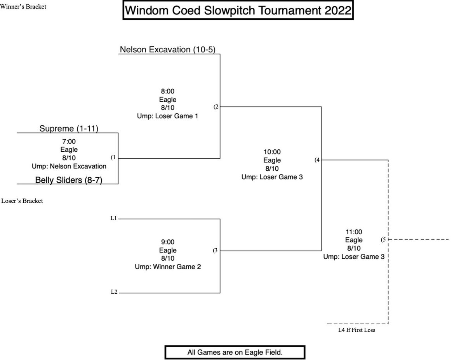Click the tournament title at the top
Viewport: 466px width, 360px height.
(x=238, y=11)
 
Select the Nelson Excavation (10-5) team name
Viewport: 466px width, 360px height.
(x=167, y=49)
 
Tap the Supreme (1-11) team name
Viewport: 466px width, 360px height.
(x=68, y=128)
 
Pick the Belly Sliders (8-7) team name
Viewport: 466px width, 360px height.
(x=68, y=180)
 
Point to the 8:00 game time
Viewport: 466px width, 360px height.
(x=167, y=92)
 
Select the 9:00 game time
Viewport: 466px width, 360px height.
(x=167, y=242)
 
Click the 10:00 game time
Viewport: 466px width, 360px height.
(x=272, y=152)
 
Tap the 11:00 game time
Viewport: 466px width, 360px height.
(x=354, y=232)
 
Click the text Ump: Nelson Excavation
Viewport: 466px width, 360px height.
(x=69, y=166)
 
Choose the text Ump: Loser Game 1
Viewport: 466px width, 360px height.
(x=167, y=116)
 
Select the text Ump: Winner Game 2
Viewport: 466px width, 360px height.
(x=167, y=267)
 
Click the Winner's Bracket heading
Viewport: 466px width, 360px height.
(x=23, y=6)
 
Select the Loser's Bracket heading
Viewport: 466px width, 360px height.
(x=22, y=201)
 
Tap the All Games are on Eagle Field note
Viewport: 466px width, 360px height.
(x=237, y=352)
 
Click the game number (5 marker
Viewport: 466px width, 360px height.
(x=383, y=240)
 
